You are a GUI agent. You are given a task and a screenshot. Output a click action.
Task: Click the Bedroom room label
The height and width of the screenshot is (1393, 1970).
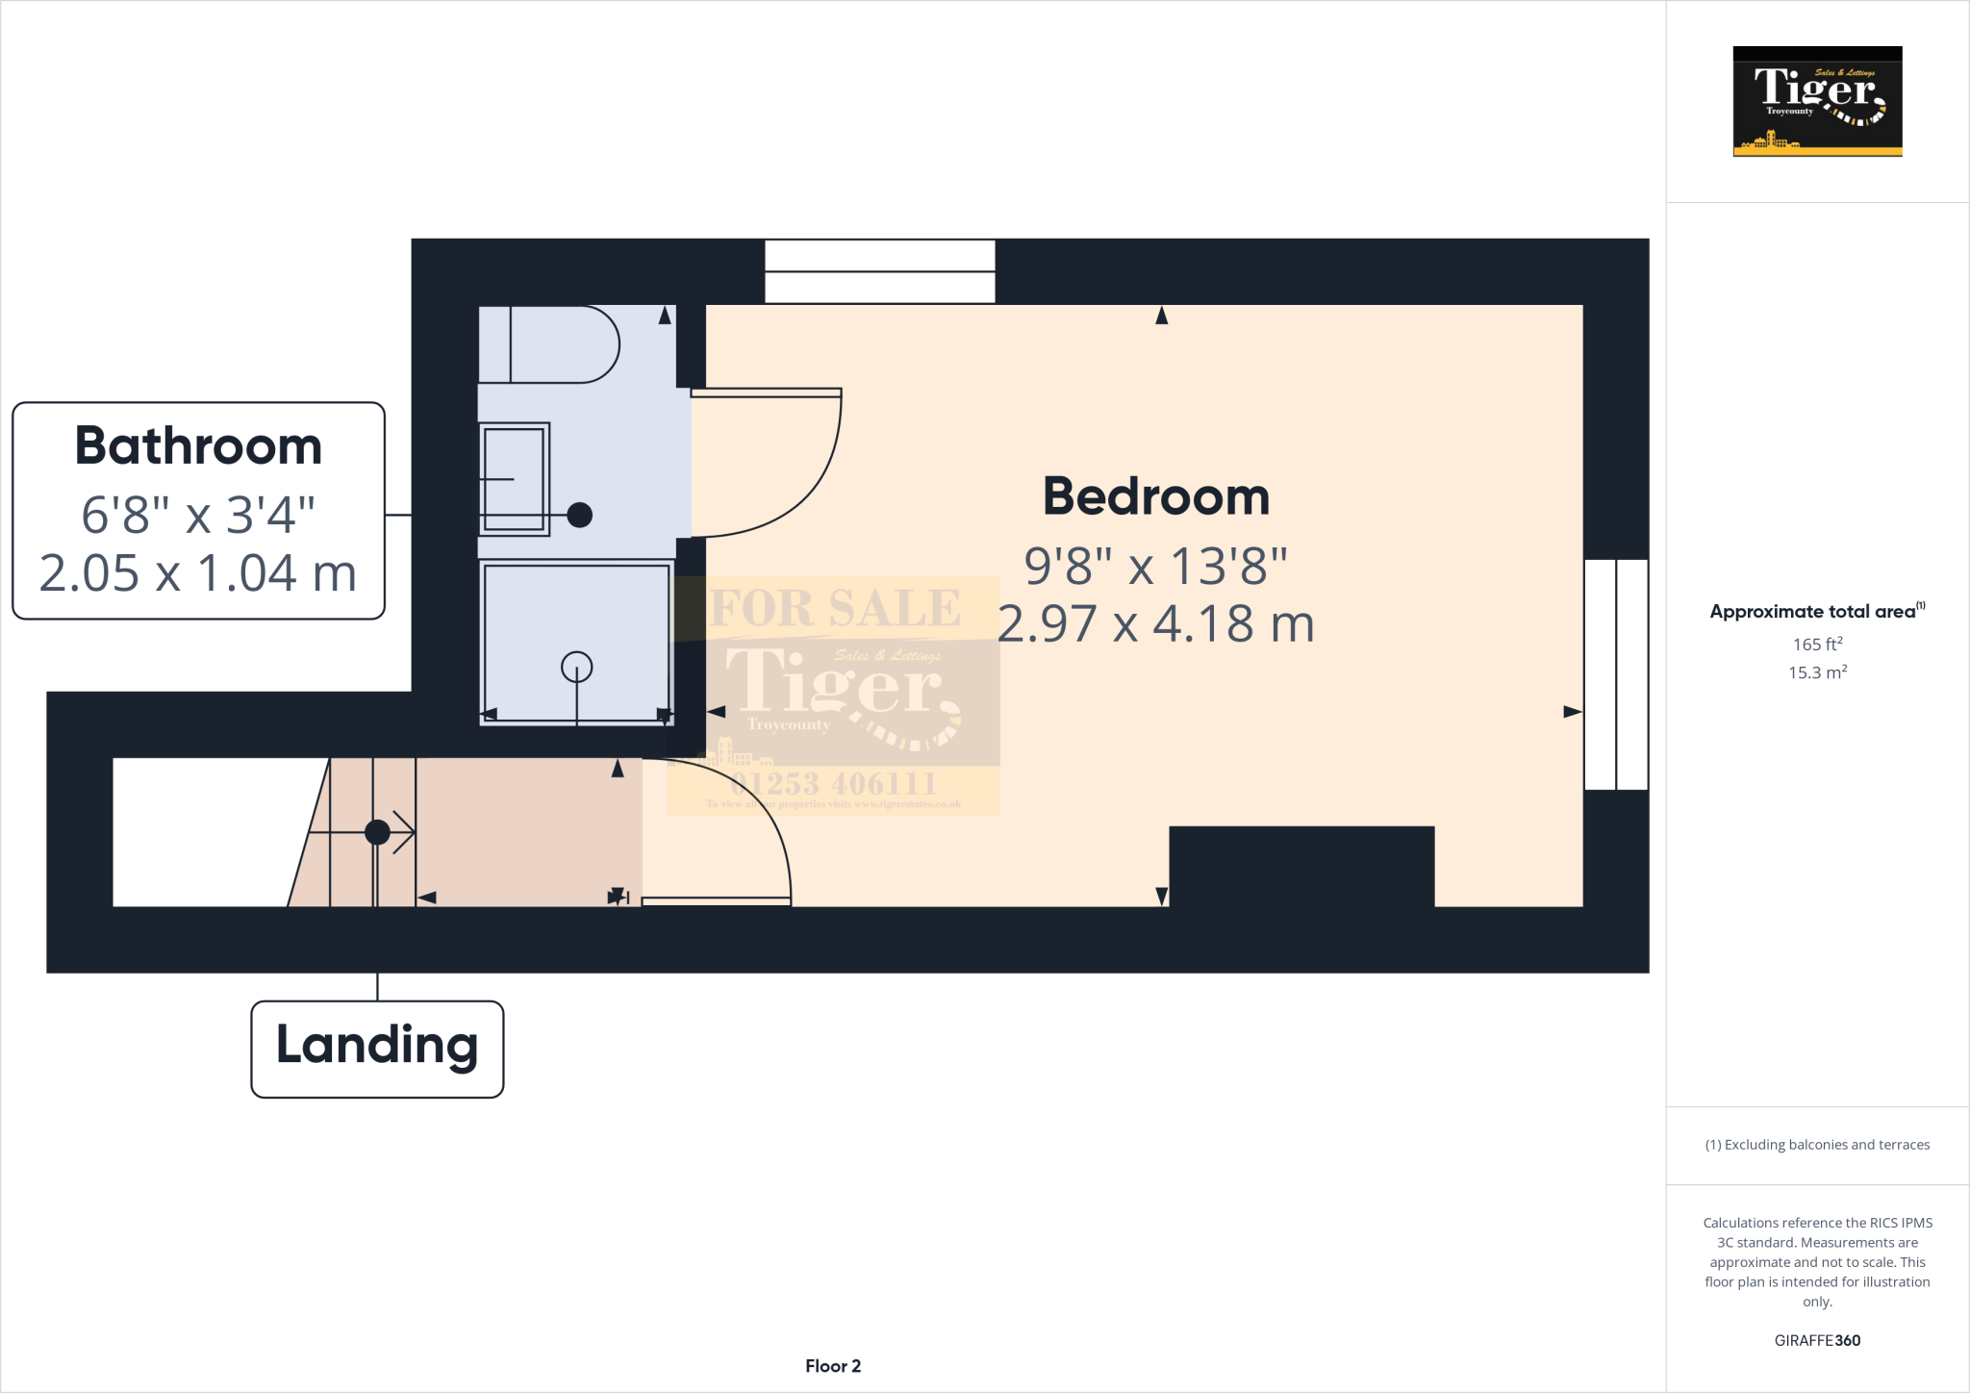click(x=1156, y=497)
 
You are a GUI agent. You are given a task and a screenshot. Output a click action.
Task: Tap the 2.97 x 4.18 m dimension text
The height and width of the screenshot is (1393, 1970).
click(x=1155, y=624)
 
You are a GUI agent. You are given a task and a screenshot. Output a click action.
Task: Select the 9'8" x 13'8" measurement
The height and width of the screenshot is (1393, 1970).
click(x=1155, y=566)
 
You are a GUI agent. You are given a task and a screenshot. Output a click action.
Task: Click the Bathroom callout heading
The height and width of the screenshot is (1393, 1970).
click(x=198, y=446)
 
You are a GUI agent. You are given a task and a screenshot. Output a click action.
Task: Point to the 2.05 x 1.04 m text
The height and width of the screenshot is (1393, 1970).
click(x=198, y=573)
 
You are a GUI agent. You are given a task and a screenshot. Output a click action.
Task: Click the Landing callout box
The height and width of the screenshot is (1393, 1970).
click(x=377, y=1048)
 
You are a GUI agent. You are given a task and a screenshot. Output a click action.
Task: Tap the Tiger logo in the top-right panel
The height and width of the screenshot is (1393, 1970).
click(x=1817, y=101)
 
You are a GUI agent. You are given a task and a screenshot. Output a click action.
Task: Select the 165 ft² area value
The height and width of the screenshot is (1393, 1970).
click(x=1817, y=644)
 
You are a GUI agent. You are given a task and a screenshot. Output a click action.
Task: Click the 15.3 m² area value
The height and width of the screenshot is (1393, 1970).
click(x=1817, y=672)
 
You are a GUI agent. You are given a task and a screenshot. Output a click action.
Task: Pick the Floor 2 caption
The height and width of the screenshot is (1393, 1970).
click(x=833, y=1366)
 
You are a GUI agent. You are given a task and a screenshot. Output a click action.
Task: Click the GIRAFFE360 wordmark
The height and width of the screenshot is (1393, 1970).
click(x=1817, y=1340)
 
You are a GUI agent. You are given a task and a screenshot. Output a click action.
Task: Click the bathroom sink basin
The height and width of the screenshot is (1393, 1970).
click(x=515, y=479)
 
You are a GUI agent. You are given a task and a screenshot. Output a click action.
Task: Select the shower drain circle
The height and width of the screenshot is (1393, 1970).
click(x=577, y=666)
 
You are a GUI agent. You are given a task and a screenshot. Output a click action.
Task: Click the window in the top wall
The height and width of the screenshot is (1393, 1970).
click(x=879, y=271)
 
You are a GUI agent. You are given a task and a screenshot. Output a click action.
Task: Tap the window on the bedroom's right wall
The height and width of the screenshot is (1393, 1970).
click(x=1616, y=674)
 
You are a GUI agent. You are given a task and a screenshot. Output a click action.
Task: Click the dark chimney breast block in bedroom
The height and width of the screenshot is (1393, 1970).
click(x=1301, y=866)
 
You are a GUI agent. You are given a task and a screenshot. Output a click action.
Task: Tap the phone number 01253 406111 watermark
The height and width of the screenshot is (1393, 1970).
click(x=833, y=783)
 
